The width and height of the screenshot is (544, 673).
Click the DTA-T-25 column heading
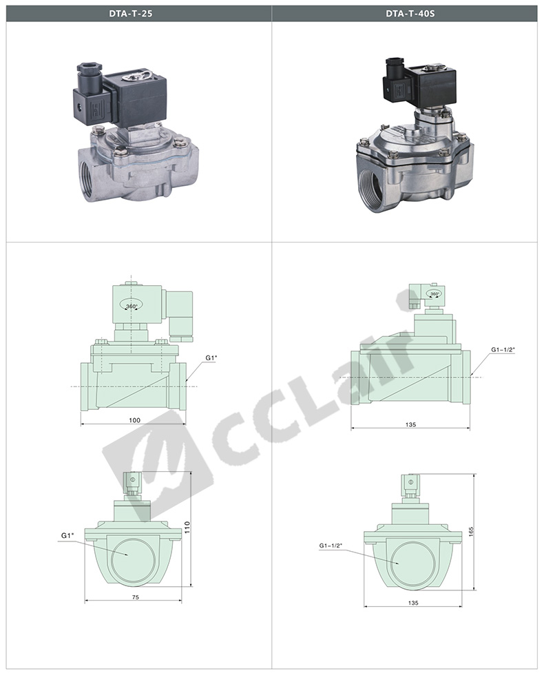point(130,13)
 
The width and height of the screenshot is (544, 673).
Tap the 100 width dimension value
point(135,420)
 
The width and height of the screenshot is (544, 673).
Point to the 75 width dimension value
point(136,597)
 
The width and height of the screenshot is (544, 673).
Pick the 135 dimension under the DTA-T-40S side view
point(410,424)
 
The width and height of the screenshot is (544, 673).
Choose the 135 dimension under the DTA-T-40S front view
point(412,603)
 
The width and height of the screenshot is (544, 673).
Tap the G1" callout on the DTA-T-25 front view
point(67,535)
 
